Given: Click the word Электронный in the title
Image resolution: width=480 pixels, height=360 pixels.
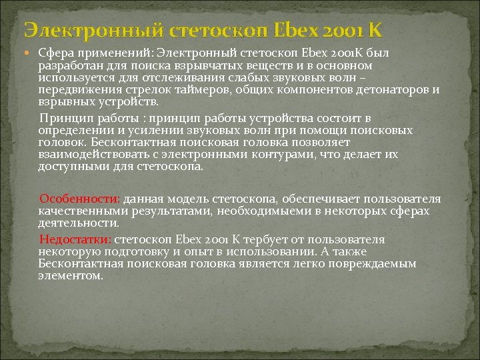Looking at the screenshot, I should click(x=93, y=29).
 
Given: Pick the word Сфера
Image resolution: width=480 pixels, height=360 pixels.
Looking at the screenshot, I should click(x=55, y=53).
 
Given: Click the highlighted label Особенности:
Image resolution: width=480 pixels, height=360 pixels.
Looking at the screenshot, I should click(x=79, y=199).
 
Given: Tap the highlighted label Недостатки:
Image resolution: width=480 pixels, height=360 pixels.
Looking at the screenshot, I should click(x=75, y=239).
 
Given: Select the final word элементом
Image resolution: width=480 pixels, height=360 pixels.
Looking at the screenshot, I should click(x=71, y=275).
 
